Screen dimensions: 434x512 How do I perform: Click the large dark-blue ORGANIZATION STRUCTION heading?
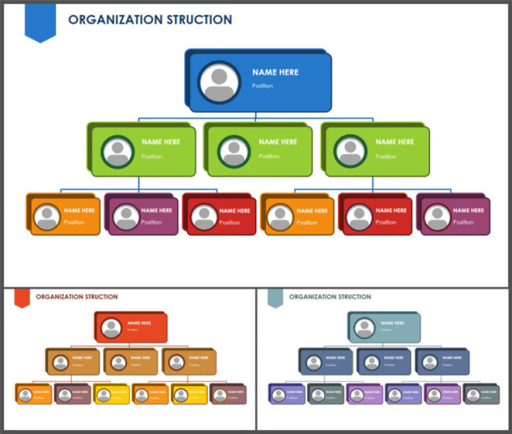point(150,20)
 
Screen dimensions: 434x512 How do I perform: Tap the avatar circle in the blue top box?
point(219,82)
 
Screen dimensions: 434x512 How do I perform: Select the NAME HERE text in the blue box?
point(275,72)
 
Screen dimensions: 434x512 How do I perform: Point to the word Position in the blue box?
point(262,86)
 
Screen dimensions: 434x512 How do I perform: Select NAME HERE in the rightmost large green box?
point(394,141)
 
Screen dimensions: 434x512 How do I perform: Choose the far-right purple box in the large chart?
point(455,216)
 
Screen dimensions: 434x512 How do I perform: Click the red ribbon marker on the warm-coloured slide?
point(22,298)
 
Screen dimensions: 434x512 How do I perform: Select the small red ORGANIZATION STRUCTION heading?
point(77,297)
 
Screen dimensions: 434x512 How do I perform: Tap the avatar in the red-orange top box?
point(111,328)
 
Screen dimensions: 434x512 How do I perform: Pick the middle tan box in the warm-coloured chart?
point(131,362)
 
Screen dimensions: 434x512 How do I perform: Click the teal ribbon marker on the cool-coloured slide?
point(275,298)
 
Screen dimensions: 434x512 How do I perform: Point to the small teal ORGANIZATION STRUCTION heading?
point(330,297)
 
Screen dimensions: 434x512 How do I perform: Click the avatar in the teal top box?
point(365,328)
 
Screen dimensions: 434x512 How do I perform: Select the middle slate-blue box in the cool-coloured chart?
point(384,362)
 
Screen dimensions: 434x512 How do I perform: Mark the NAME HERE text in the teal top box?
point(392,323)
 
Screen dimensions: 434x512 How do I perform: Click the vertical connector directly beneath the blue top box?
point(255,115)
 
